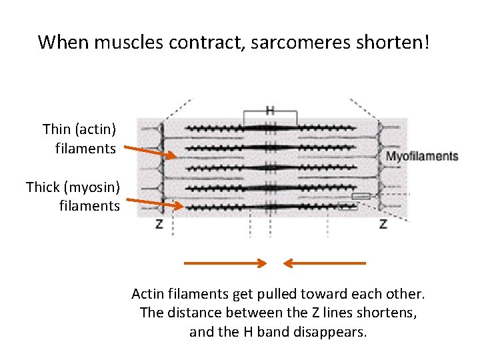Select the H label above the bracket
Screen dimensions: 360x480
[x=270, y=110]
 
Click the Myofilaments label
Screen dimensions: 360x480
[x=423, y=157]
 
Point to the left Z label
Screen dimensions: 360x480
[x=159, y=224]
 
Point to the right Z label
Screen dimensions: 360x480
[x=383, y=224]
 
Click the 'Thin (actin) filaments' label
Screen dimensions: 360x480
[x=79, y=138]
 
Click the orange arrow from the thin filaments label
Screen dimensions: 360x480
[x=150, y=153]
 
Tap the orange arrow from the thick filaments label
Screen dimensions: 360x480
[x=154, y=203]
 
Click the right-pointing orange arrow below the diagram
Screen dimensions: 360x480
[x=225, y=263]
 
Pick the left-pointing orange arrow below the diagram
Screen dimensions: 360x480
[x=325, y=263]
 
